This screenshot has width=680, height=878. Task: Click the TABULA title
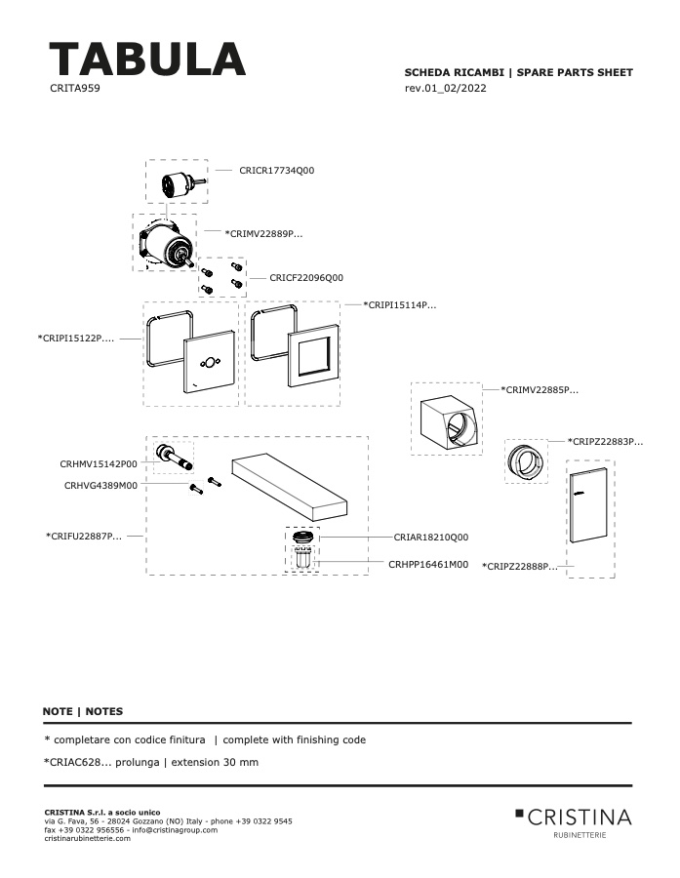pyautogui.click(x=147, y=59)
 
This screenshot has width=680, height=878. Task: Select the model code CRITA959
pyautogui.click(x=75, y=88)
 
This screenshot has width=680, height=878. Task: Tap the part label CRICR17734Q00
pyautogui.click(x=277, y=170)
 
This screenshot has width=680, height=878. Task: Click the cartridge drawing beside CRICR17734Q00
pyautogui.click(x=182, y=182)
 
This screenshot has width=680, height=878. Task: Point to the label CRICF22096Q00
pyautogui.click(x=306, y=278)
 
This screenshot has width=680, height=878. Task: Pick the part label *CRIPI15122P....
pyautogui.click(x=76, y=339)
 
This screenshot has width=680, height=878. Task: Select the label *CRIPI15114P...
pyautogui.click(x=400, y=305)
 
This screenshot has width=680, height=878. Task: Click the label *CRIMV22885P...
pyautogui.click(x=540, y=389)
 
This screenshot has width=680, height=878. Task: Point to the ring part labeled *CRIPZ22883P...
pyautogui.click(x=526, y=461)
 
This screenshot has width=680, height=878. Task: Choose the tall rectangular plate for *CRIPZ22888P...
pyautogui.click(x=588, y=504)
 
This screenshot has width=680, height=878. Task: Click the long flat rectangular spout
pyautogui.click(x=290, y=487)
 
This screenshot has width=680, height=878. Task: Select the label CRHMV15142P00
pyautogui.click(x=99, y=464)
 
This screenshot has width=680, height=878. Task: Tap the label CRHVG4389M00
pyautogui.click(x=100, y=486)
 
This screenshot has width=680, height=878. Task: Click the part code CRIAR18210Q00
pyautogui.click(x=431, y=537)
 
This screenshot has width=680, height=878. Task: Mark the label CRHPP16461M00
pyautogui.click(x=428, y=565)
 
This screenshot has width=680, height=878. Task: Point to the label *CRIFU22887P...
pyautogui.click(x=84, y=536)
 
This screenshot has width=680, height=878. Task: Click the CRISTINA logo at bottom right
pyautogui.click(x=574, y=822)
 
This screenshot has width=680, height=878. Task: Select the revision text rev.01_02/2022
pyautogui.click(x=445, y=88)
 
